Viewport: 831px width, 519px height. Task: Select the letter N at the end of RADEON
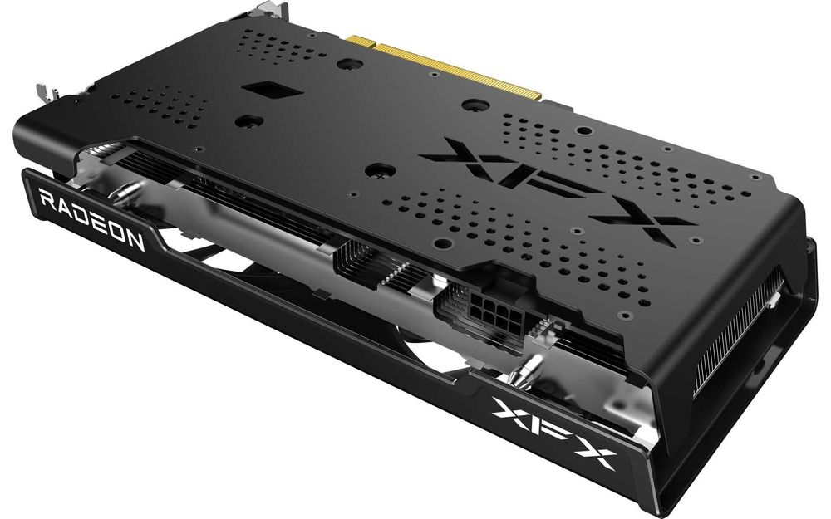[x=136, y=242]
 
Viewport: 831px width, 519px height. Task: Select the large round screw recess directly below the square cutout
[x=247, y=121]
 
